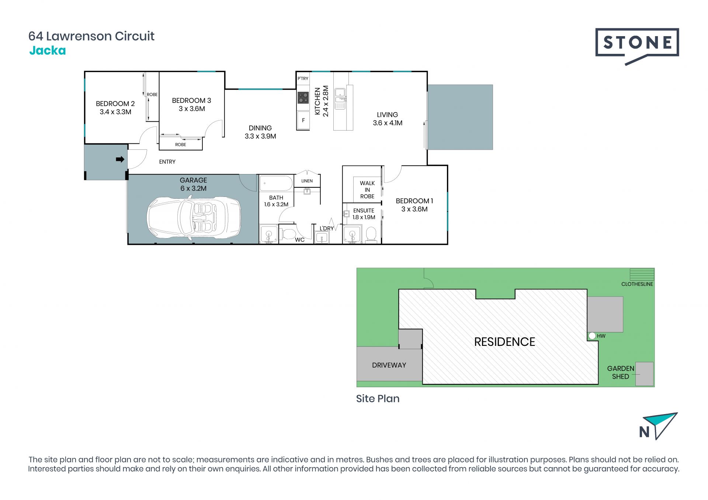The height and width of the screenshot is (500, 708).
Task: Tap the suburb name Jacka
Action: [48, 51]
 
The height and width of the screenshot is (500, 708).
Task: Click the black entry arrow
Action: [120, 159]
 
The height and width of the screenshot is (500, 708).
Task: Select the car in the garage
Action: [194, 218]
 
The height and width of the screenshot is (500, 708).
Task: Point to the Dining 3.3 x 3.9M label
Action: [260, 132]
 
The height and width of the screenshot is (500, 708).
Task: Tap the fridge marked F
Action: [303, 120]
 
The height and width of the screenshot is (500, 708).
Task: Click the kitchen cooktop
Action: [303, 98]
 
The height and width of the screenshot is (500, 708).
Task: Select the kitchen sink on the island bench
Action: [340, 98]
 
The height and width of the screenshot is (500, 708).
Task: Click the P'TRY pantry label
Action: [303, 79]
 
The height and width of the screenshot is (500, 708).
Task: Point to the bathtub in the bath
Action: [276, 183]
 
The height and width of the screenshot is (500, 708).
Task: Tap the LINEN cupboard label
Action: [307, 181]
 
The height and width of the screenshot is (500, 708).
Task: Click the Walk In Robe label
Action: [367, 190]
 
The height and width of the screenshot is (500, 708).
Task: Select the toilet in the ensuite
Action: [371, 235]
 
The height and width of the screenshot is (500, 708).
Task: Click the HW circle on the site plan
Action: [592, 336]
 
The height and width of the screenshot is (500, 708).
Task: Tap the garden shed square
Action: [645, 374]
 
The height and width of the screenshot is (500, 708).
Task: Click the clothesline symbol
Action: [642, 274]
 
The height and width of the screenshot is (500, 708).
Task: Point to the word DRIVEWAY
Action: [389, 365]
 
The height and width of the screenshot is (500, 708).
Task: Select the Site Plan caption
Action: [378, 399]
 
